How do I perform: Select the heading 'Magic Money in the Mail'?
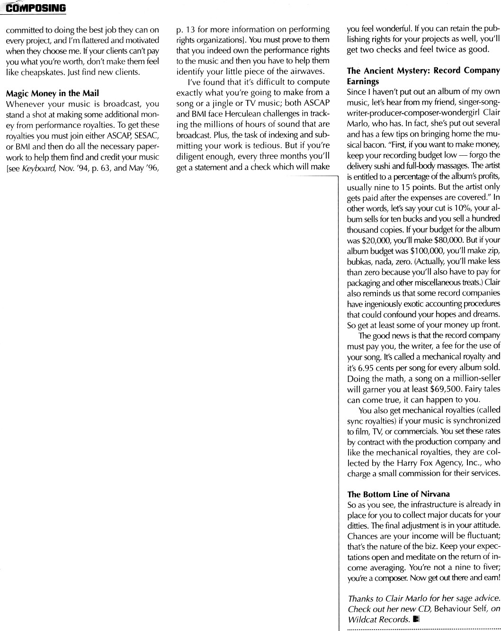point(52,93)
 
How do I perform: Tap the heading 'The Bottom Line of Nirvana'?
point(398,494)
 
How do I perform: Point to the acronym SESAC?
point(145,135)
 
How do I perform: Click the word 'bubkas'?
point(360,261)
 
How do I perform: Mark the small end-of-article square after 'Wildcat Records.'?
point(416,619)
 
